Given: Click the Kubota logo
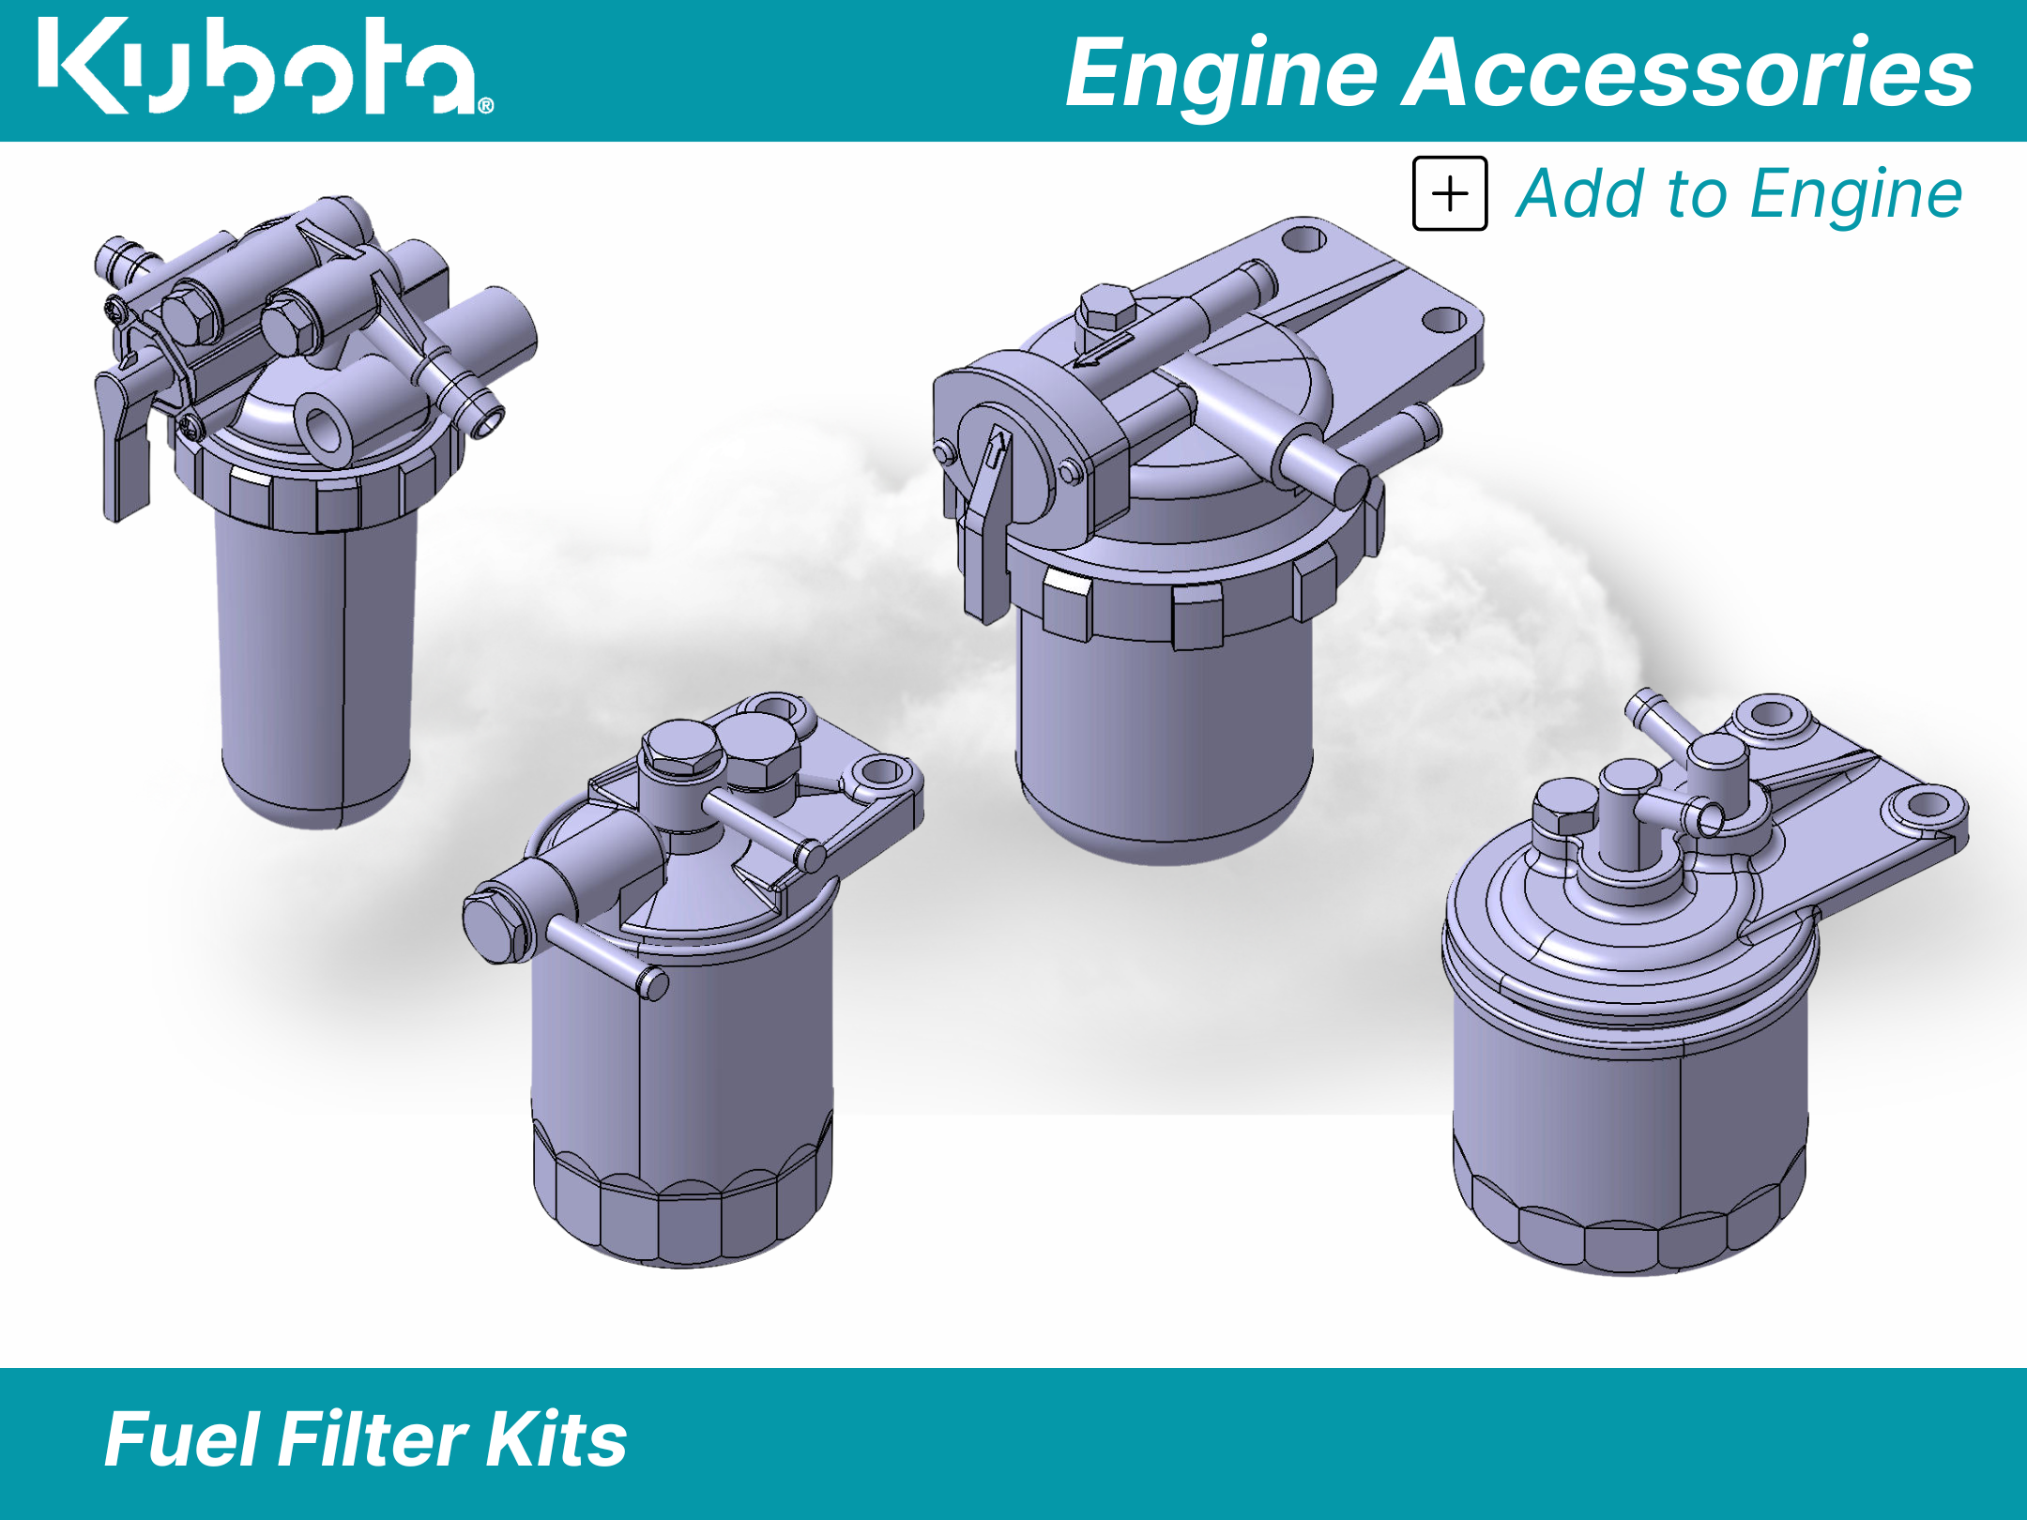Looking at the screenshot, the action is click(x=266, y=66).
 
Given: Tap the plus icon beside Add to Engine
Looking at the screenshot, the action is click(x=1450, y=193).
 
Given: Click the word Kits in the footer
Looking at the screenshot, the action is click(x=556, y=1438).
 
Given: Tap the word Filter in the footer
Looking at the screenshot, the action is click(x=373, y=1438).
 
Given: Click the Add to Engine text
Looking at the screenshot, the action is click(x=1739, y=194).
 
